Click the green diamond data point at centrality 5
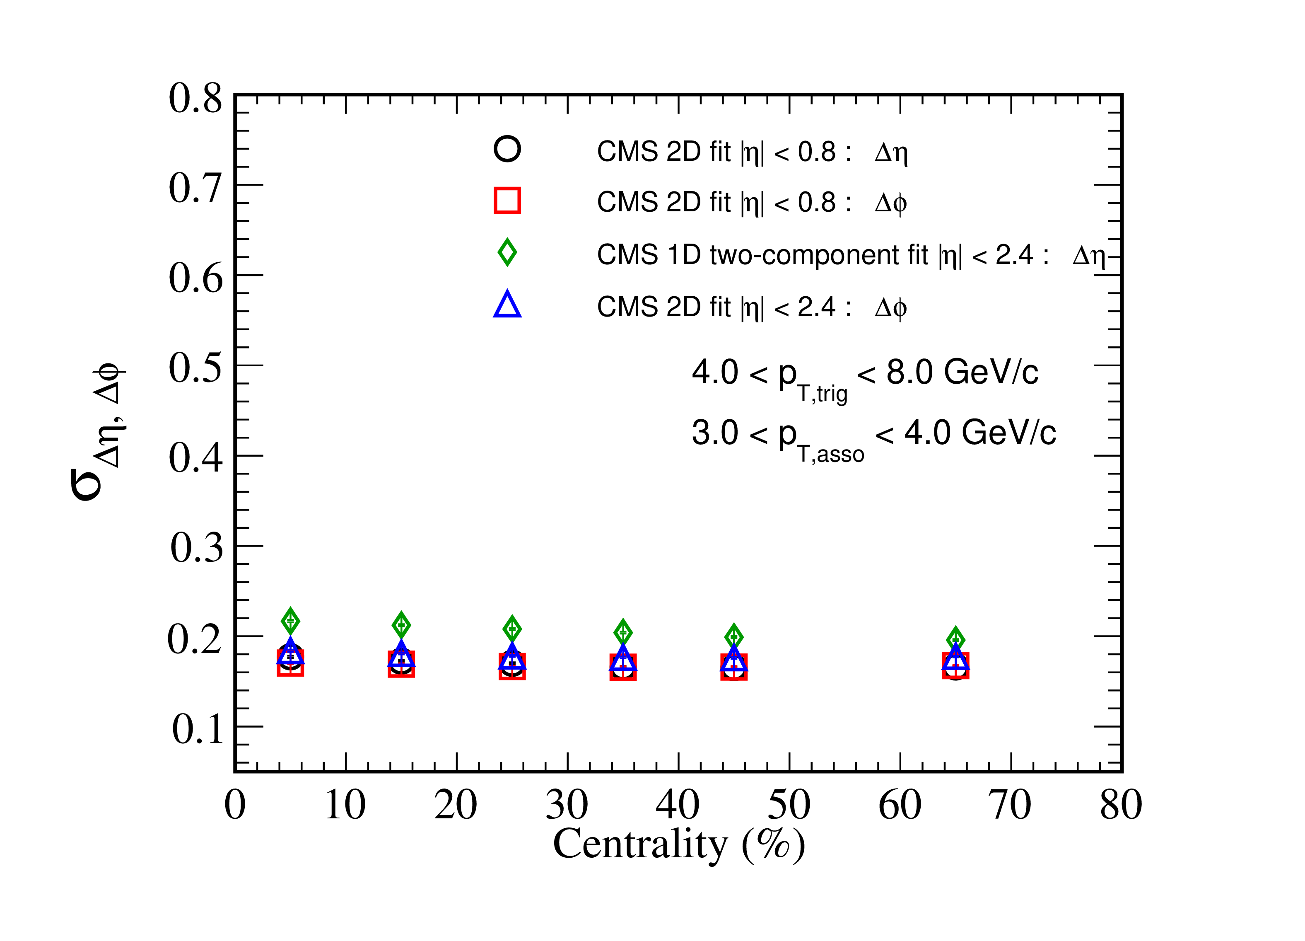(x=291, y=621)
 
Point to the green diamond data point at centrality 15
(x=401, y=625)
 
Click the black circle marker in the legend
(x=507, y=149)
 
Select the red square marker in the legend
(x=507, y=200)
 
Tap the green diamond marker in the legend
(x=507, y=252)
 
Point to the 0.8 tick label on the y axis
(x=195, y=98)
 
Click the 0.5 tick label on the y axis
(x=195, y=367)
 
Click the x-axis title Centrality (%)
(x=679, y=845)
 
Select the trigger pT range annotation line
(x=865, y=377)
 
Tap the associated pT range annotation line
(x=874, y=438)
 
